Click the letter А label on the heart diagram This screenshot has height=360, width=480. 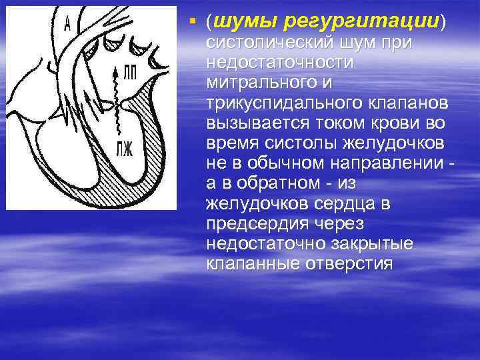[x=68, y=25]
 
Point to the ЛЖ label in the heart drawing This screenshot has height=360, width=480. [x=125, y=147]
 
